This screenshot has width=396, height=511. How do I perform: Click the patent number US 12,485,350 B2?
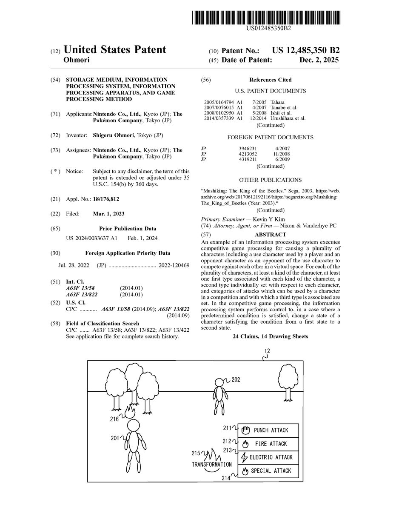pos(306,50)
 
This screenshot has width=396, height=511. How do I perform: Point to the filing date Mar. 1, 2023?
pos(109,214)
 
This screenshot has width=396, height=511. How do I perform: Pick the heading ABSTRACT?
pos(270,235)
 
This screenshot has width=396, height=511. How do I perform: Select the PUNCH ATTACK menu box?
pos(268,431)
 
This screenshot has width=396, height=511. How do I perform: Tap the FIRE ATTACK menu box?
pos(268,444)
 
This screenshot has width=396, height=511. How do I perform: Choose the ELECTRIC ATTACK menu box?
pos(268,457)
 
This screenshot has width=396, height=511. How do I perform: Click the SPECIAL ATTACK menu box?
pos(268,471)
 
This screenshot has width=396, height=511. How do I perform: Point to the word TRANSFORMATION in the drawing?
pos(212,464)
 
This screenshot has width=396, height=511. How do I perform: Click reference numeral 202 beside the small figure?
pos(236,380)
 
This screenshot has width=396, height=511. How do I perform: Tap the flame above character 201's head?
pos(130,411)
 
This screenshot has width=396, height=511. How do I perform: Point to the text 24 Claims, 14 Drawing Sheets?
pos(270,336)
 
